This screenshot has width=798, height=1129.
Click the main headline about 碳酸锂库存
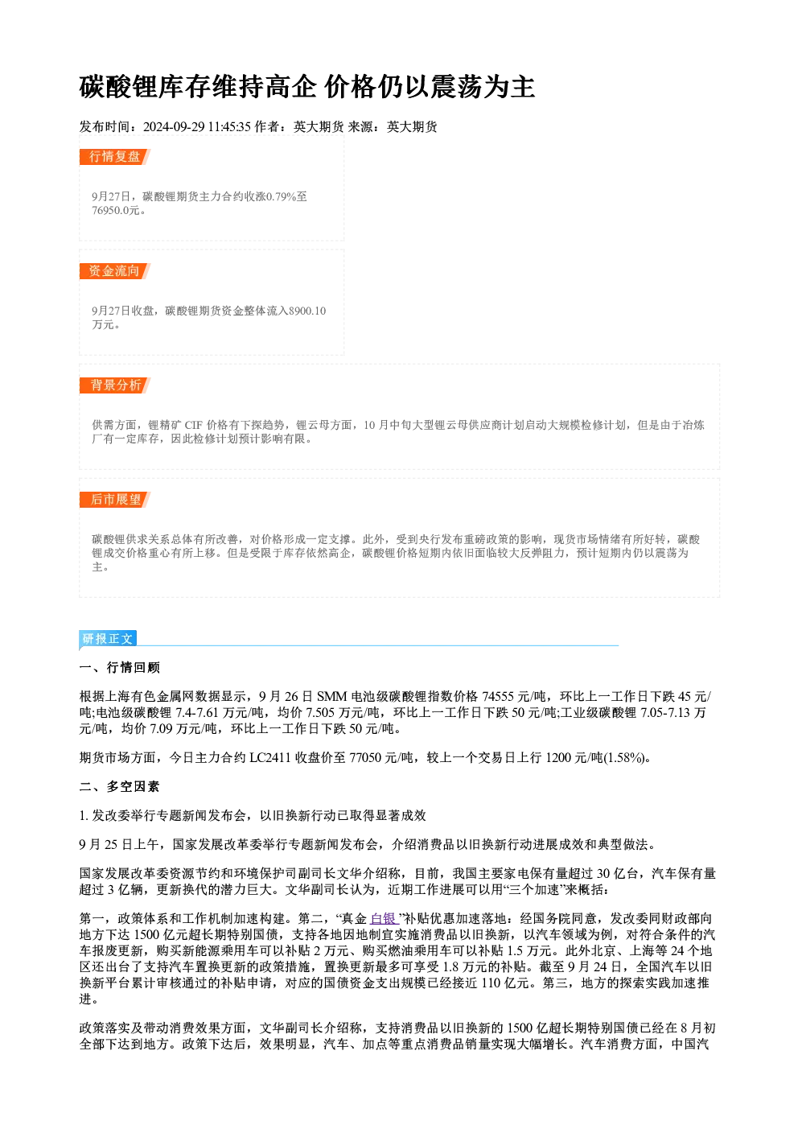(306, 87)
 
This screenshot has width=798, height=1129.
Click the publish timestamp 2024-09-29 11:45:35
(197, 127)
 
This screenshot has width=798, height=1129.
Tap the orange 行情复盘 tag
(114, 157)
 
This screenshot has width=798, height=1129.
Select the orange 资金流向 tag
(114, 271)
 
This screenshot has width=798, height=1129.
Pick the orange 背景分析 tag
(114, 385)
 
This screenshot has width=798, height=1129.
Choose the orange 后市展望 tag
(114, 500)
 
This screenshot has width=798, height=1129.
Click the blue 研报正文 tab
(107, 639)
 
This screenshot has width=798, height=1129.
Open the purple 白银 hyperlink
(384, 919)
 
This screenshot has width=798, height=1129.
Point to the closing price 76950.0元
(115, 211)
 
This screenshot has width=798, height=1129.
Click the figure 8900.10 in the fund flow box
(307, 311)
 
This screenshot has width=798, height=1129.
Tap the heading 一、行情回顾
(119, 668)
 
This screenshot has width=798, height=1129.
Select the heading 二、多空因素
(119, 787)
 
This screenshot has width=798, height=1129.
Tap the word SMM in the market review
(332, 697)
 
